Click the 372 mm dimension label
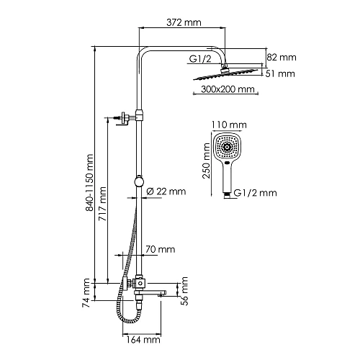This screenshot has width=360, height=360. [184, 22]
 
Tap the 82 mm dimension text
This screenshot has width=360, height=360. [282, 58]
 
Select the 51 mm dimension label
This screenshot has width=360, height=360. [280, 73]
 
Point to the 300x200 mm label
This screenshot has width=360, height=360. [228, 89]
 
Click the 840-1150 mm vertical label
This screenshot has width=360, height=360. [89, 182]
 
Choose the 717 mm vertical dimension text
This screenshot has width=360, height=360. [103, 204]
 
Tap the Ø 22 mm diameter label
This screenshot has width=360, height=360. [166, 192]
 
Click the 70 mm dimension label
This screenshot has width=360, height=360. [160, 249]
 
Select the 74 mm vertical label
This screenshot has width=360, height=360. [86, 293]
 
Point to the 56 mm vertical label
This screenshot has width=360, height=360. [184, 291]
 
